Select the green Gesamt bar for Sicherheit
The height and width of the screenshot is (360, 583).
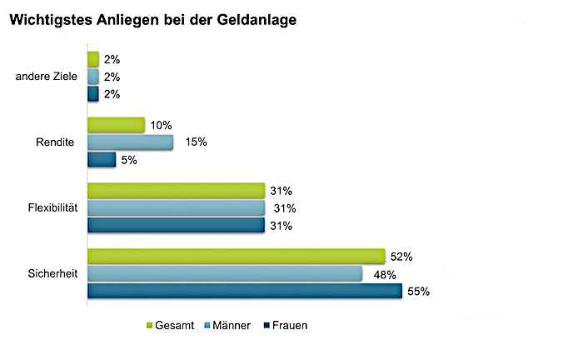(236, 256)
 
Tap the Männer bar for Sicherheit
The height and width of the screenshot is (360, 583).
(225, 273)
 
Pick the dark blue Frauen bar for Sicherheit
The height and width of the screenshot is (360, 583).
(244, 291)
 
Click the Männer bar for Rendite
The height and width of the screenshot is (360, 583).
(130, 142)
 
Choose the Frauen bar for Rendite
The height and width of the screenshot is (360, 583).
(102, 159)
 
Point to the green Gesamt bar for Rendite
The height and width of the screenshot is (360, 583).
(116, 125)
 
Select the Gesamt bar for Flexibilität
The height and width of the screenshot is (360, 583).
(176, 191)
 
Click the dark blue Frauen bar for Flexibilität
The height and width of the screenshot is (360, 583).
(176, 225)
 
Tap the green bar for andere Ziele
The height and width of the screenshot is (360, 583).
(93, 59)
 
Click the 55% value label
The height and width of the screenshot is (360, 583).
(419, 292)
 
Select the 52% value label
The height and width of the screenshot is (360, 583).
(402, 257)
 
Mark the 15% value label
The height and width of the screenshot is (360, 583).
(197, 142)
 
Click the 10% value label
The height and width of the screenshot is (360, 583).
(162, 125)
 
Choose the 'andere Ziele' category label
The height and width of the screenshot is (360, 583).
(47, 77)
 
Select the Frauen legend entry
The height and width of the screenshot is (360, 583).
(285, 325)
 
